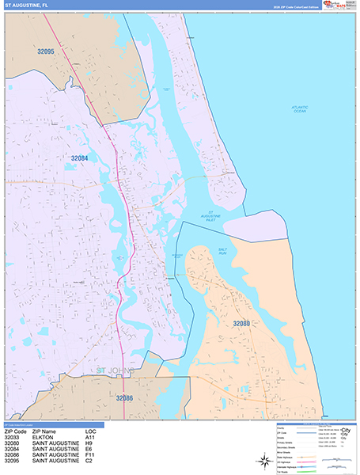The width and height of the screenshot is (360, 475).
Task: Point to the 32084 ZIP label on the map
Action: [78, 158]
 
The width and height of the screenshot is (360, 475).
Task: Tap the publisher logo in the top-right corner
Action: [340, 5]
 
